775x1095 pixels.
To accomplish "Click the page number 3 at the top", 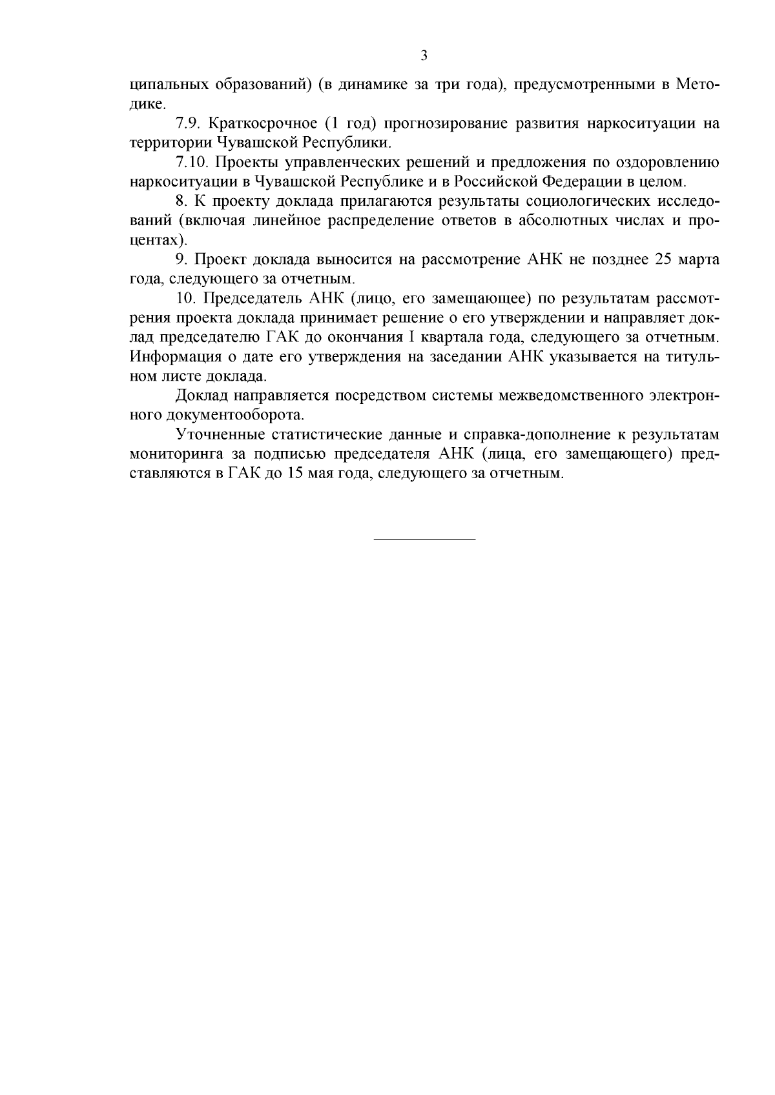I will pyautogui.click(x=424, y=55).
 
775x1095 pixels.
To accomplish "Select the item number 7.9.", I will pyautogui.click(x=187, y=123).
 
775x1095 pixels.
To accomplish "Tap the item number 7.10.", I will pyautogui.click(x=191, y=162).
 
